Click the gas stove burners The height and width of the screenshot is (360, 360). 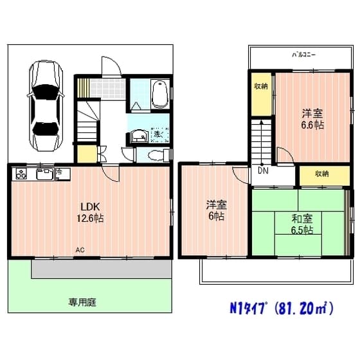(21, 174)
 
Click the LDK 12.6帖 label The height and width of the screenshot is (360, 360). (91, 212)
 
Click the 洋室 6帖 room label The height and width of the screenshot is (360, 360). (215, 211)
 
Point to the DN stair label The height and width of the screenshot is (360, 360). (264, 172)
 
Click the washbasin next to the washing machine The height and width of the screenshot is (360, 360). (136, 135)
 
